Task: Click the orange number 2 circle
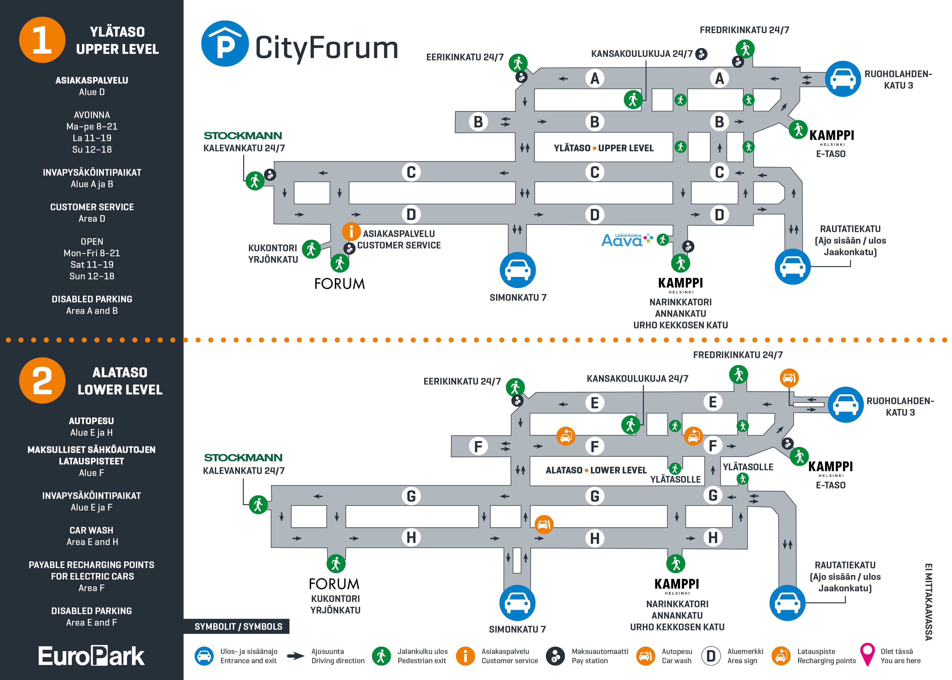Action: click(42, 380)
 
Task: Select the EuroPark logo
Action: click(91, 656)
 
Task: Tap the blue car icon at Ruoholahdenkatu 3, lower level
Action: click(846, 405)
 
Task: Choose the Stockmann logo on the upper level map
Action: click(243, 136)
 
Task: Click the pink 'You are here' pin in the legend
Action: click(867, 654)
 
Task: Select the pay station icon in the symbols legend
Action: click(555, 656)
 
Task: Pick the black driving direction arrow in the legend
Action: click(295, 656)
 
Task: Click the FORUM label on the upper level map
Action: click(339, 284)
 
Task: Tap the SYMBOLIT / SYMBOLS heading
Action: click(238, 626)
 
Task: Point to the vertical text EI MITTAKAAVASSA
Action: click(928, 602)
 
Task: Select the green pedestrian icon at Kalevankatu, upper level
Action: click(254, 181)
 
